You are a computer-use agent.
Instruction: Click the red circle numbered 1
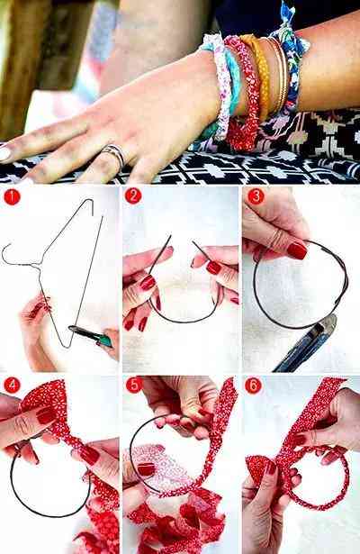tap(12, 196)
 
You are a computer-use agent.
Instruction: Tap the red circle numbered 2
tap(133, 195)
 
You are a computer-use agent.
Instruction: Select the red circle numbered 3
tap(256, 196)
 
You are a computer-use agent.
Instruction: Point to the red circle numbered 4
tap(12, 385)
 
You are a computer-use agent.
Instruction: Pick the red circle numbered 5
tap(134, 385)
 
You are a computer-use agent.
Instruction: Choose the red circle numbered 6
tap(254, 386)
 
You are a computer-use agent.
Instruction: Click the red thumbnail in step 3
tap(297, 250)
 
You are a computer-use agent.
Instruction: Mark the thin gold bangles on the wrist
tap(278, 75)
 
